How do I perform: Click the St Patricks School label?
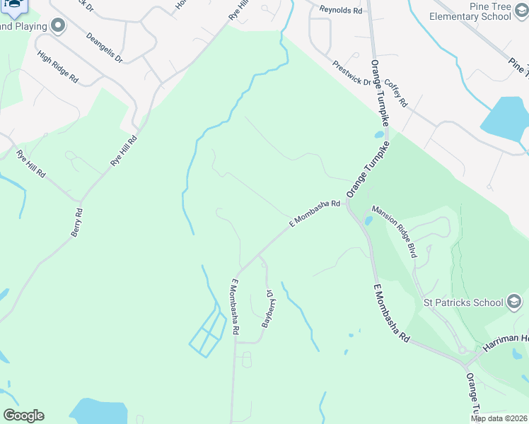coord(463,303)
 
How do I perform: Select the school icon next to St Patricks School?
coord(514,302)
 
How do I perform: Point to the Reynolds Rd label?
coord(340,11)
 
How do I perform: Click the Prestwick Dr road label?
coord(352,72)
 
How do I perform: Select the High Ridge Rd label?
coord(58,68)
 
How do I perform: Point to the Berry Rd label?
coord(76,223)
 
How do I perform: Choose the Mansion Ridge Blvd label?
coord(394,232)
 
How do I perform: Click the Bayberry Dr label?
coord(268,307)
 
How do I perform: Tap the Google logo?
coord(23,416)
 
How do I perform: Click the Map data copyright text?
coord(499,418)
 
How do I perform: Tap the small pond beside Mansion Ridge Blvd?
coord(368,220)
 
